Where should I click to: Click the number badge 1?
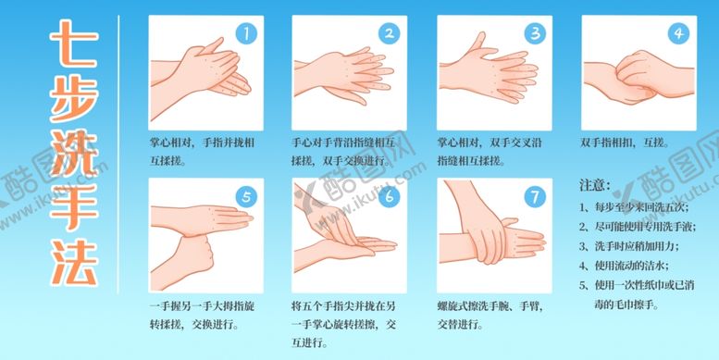[x=245, y=34]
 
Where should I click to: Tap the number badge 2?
[x=390, y=34]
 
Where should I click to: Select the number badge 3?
[x=534, y=34]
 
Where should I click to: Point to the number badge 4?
[x=678, y=34]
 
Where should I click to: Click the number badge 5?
[x=245, y=196]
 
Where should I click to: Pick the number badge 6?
[x=390, y=196]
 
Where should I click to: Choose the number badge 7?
[x=534, y=196]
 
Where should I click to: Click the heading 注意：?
[x=595, y=187]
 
